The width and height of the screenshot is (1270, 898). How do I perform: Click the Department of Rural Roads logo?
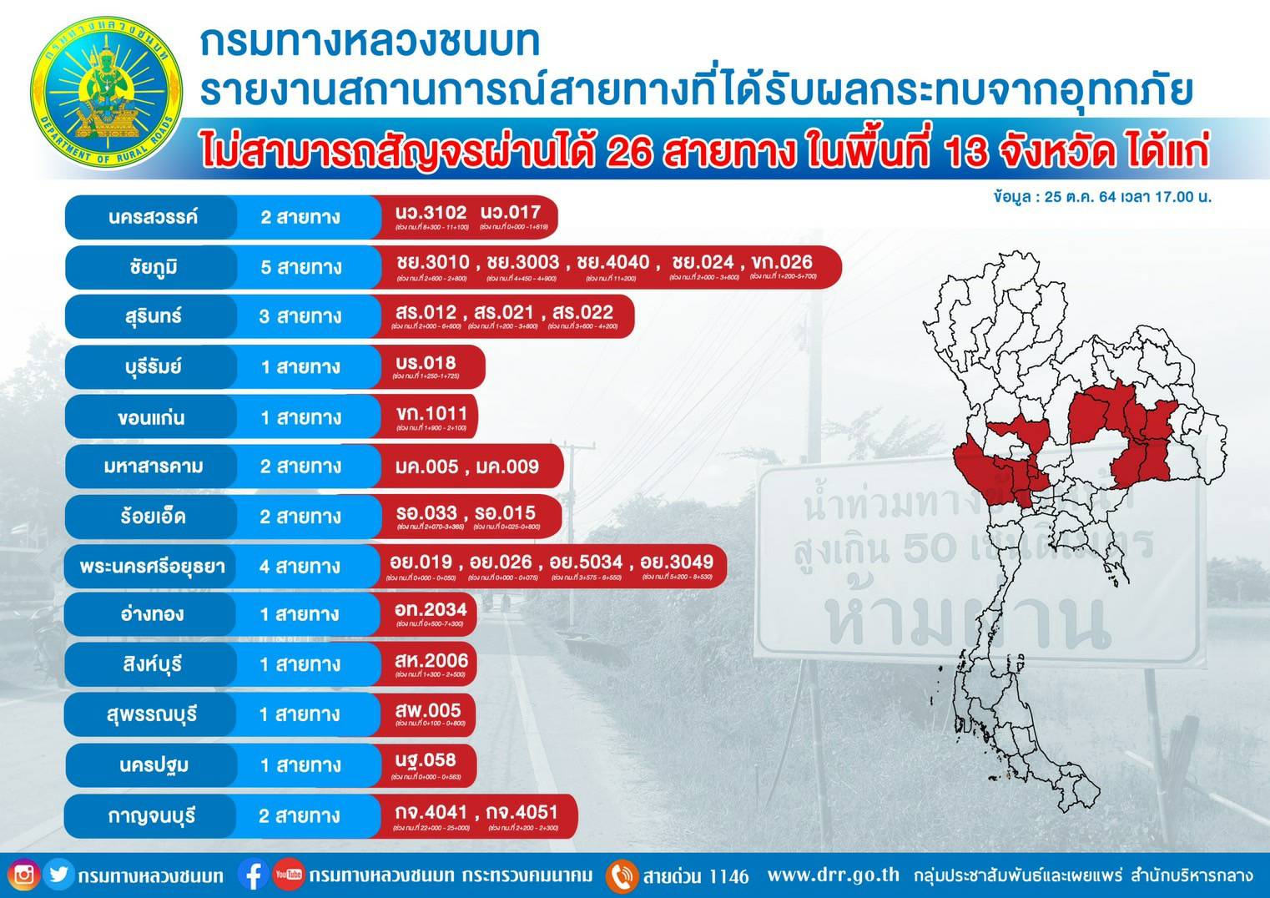(106, 93)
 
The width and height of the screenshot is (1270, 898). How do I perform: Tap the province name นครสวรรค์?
(153, 217)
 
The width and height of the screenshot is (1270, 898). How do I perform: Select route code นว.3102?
(431, 213)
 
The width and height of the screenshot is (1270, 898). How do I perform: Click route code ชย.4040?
(612, 263)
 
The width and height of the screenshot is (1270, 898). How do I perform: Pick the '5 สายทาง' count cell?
(301, 267)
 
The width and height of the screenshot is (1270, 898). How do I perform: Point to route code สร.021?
(503, 313)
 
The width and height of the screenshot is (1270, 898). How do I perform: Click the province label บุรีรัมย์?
(152, 366)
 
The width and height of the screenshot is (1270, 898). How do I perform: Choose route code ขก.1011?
(431, 413)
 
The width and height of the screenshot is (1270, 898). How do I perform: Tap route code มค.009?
(507, 467)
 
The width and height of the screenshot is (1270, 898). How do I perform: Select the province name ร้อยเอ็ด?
(152, 517)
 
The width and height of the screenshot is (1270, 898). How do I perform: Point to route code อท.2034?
(431, 610)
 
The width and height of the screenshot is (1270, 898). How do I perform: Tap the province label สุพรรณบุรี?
(152, 715)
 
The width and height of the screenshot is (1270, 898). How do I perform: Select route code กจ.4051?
(522, 812)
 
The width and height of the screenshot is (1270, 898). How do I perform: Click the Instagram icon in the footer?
(24, 875)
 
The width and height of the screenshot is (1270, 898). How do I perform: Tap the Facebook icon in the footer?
(253, 875)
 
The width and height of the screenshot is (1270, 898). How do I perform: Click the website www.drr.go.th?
(834, 875)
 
